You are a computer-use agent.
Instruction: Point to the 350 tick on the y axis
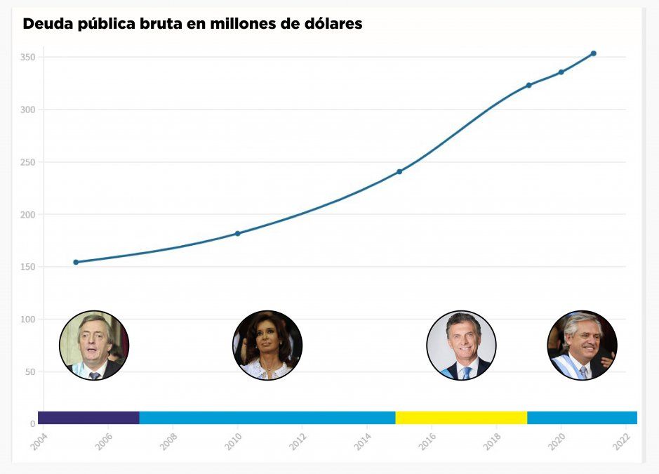27,57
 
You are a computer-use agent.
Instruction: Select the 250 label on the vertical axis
27,162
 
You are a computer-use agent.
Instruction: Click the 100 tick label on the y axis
27,320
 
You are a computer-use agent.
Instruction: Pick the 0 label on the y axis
32,424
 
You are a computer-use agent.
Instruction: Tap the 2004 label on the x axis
39,440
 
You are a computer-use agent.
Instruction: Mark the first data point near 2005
76,262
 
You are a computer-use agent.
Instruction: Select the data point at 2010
237,233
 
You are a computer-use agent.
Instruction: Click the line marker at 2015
399,171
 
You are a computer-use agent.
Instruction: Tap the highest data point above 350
594,53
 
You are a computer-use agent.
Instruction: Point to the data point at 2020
561,72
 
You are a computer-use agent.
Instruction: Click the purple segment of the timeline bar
88,418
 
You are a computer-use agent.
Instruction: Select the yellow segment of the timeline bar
461,418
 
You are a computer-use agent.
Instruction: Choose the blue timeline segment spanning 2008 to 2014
267,418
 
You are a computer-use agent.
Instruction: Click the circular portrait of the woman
267,345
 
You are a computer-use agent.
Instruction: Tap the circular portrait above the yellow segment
461,345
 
